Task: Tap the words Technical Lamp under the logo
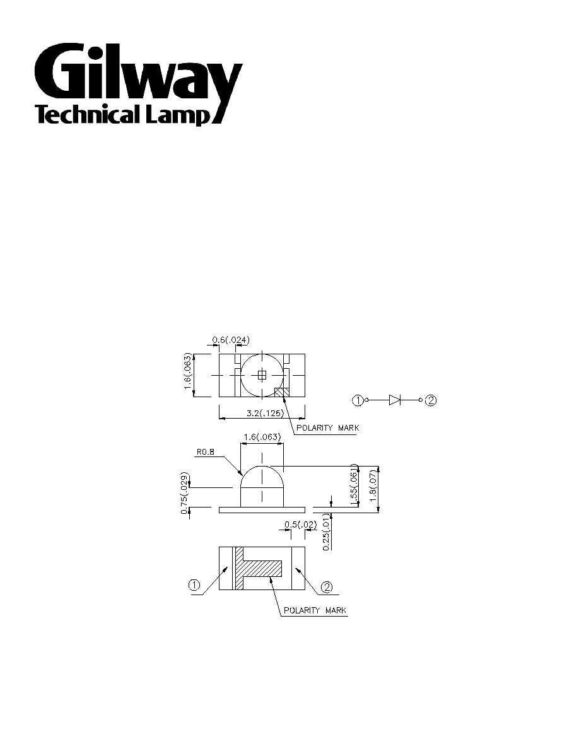point(123,115)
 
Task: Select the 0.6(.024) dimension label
point(231,340)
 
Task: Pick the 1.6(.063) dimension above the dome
point(262,436)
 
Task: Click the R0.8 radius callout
point(206,451)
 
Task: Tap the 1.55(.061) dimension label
point(354,485)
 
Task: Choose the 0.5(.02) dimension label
point(300,525)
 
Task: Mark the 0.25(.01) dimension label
point(326,533)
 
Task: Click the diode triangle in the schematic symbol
point(395,400)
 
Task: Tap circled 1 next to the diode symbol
point(358,401)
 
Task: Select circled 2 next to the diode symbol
point(430,401)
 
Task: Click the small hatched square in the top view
point(283,392)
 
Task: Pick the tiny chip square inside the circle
point(262,376)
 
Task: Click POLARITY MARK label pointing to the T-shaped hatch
point(315,610)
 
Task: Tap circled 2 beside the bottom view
point(326,587)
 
